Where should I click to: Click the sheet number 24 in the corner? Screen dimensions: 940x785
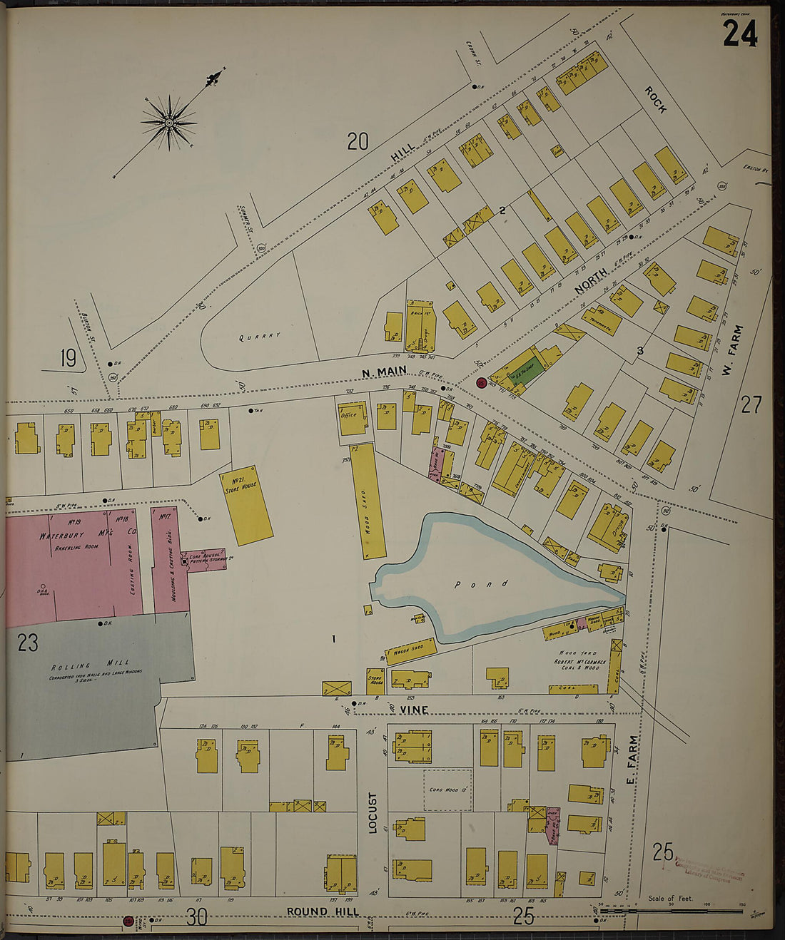(739, 33)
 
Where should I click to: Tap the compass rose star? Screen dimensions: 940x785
(169, 123)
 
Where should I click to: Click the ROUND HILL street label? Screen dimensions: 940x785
(323, 911)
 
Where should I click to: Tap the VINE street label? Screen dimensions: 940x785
(414, 710)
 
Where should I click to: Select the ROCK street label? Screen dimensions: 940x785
(655, 101)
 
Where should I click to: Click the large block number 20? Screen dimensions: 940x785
(358, 141)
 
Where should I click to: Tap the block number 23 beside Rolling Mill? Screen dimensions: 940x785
(28, 643)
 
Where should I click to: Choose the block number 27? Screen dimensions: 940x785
(751, 405)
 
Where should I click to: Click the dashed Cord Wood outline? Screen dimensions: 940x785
(447, 790)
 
